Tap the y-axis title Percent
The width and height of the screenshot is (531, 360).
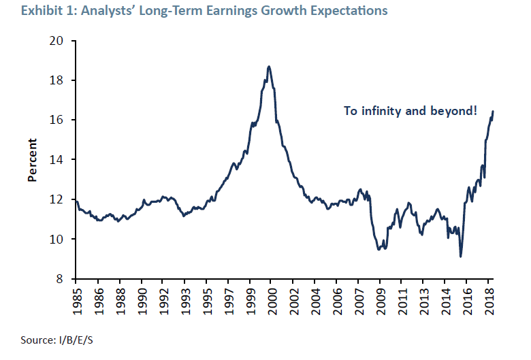[32, 160]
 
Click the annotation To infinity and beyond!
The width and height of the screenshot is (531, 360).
[411, 110]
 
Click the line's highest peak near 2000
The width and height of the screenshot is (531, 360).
[270, 66]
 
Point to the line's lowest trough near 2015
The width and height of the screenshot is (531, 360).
[461, 257]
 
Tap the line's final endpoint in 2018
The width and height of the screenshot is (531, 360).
[493, 111]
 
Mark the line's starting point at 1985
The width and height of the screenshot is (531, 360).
[76, 201]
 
